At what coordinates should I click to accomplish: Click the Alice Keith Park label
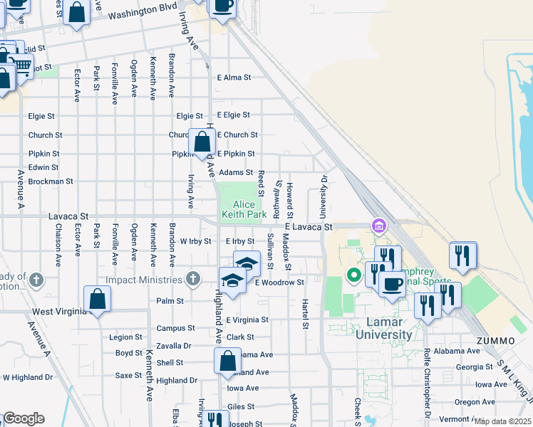click(x=244, y=209)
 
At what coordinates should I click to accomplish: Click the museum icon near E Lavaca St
click(x=378, y=226)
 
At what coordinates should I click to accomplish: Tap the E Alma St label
click(x=234, y=78)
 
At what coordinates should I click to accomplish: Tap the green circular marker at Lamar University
click(x=353, y=275)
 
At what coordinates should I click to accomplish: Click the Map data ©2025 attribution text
click(x=503, y=421)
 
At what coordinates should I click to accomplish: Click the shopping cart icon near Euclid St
click(x=23, y=66)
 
